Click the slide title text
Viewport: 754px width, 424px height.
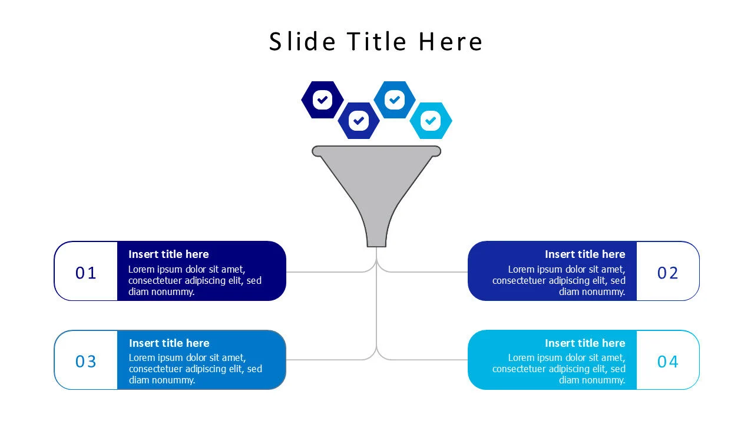coord(376,42)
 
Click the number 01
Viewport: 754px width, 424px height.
coord(86,273)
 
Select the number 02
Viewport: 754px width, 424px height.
coord(668,273)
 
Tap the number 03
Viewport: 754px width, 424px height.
coord(86,361)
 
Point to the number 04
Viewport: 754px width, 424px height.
coord(668,361)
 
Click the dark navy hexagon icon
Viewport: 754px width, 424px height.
coord(322,100)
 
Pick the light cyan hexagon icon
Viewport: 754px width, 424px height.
coord(431,121)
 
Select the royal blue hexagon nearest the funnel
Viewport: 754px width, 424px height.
coord(358,121)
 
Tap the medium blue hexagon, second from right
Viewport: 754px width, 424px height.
coord(395,100)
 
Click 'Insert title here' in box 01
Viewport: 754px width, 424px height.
coord(168,254)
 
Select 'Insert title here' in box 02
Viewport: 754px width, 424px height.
coord(585,254)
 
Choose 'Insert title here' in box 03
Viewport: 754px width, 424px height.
coord(169,343)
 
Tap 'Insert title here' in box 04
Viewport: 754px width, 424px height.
coord(585,343)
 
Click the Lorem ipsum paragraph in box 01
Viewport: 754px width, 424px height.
coord(194,280)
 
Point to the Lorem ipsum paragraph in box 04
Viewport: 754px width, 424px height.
coord(559,369)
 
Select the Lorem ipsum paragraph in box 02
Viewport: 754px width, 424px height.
coord(559,280)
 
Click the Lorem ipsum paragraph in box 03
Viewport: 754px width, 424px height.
coord(194,369)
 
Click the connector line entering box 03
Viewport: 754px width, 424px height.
coord(324,360)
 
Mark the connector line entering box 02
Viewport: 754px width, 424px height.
coord(430,272)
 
